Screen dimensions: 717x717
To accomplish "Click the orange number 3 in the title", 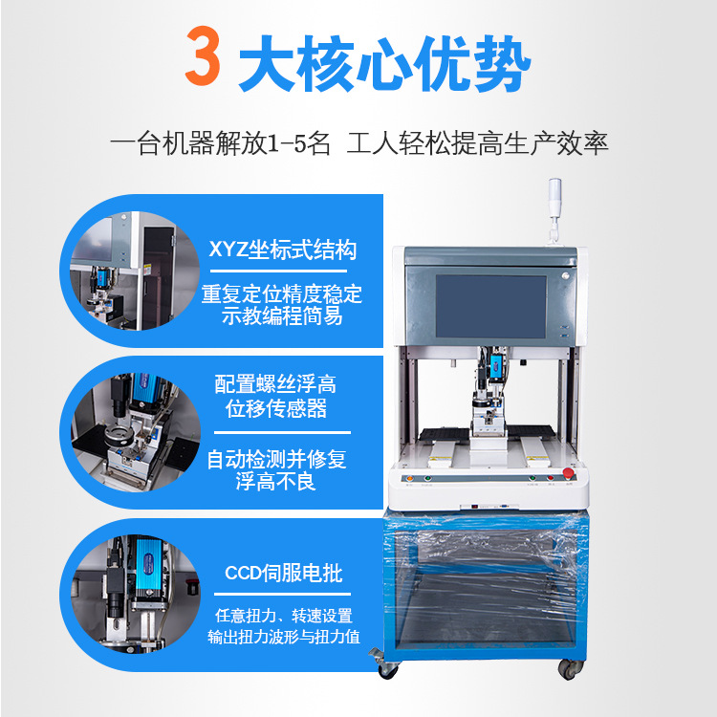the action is click(203, 55).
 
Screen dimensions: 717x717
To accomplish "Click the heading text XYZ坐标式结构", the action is click(283, 250).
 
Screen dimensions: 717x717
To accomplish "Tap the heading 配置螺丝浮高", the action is click(275, 384).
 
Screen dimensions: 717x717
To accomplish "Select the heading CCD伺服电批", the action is click(284, 573).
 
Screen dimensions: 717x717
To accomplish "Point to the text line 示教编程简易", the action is click(282, 316).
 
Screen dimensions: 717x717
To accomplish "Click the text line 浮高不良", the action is click(275, 482).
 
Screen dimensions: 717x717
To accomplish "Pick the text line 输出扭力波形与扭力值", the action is click(284, 637).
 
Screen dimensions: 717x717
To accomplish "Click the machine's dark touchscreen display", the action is click(491, 306).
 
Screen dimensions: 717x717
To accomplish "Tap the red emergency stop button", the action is click(569, 473).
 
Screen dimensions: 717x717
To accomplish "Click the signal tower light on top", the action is click(554, 210).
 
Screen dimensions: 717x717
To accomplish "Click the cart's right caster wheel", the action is click(570, 668).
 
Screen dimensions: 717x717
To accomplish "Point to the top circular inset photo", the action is click(135, 271).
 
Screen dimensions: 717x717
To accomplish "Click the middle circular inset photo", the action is click(136, 432).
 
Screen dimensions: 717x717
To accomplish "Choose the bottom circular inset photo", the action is click(136, 594).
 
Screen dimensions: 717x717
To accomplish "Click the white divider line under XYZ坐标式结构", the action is click(278, 272).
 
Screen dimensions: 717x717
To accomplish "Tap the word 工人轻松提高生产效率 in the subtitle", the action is click(477, 143).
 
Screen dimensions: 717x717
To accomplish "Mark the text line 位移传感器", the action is click(275, 408).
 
